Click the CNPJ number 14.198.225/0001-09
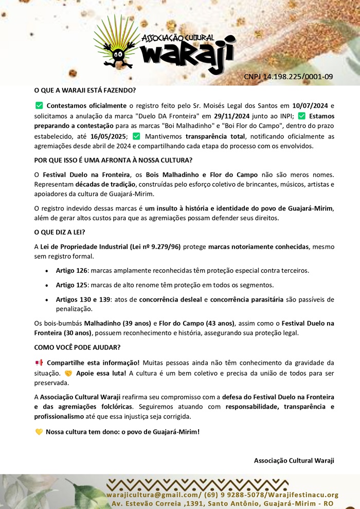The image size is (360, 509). click(288, 77)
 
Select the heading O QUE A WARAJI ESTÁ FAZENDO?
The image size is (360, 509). click(85, 91)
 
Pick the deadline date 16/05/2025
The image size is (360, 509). click(109, 136)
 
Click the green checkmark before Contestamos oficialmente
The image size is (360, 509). click(39, 106)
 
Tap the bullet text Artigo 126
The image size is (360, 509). click(73, 270)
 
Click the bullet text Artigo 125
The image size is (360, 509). click(73, 285)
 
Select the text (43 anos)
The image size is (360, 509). click(217, 323)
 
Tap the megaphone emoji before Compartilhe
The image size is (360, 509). click(39, 362)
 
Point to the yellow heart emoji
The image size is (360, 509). click(39, 432)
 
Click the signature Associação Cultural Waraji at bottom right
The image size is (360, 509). click(294, 460)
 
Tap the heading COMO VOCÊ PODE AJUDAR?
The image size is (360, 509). click(77, 347)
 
